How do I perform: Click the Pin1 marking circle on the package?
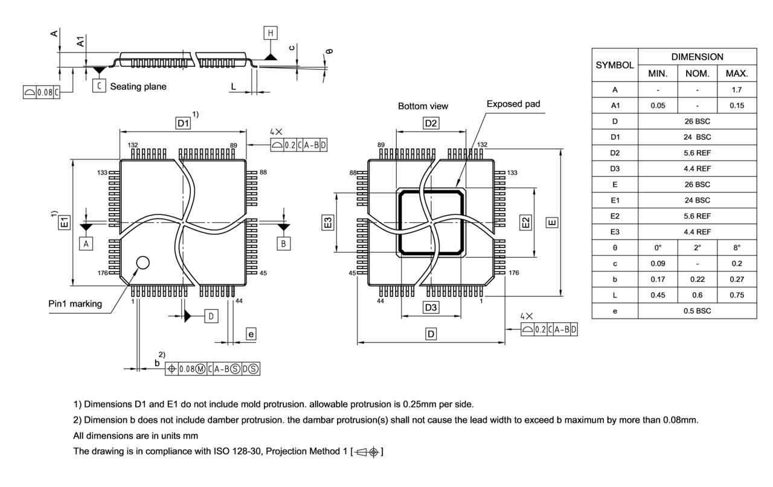click(x=143, y=262)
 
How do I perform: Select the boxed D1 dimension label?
click(x=183, y=123)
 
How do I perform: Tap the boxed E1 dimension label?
click(x=65, y=222)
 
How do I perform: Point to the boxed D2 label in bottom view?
click(x=431, y=123)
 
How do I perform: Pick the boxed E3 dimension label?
click(x=328, y=222)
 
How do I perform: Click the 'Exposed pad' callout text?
click(x=513, y=104)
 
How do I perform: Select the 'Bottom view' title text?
click(x=423, y=106)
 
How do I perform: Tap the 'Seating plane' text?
click(x=138, y=86)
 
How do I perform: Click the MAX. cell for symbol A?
click(x=736, y=90)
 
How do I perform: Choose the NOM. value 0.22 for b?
click(x=697, y=279)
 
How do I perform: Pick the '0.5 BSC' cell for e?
click(x=697, y=311)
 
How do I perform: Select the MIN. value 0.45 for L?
click(x=658, y=295)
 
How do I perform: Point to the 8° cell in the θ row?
click(x=736, y=248)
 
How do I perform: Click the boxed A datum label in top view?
click(x=86, y=243)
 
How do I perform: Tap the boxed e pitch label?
click(x=251, y=334)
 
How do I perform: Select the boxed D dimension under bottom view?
click(x=431, y=334)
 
